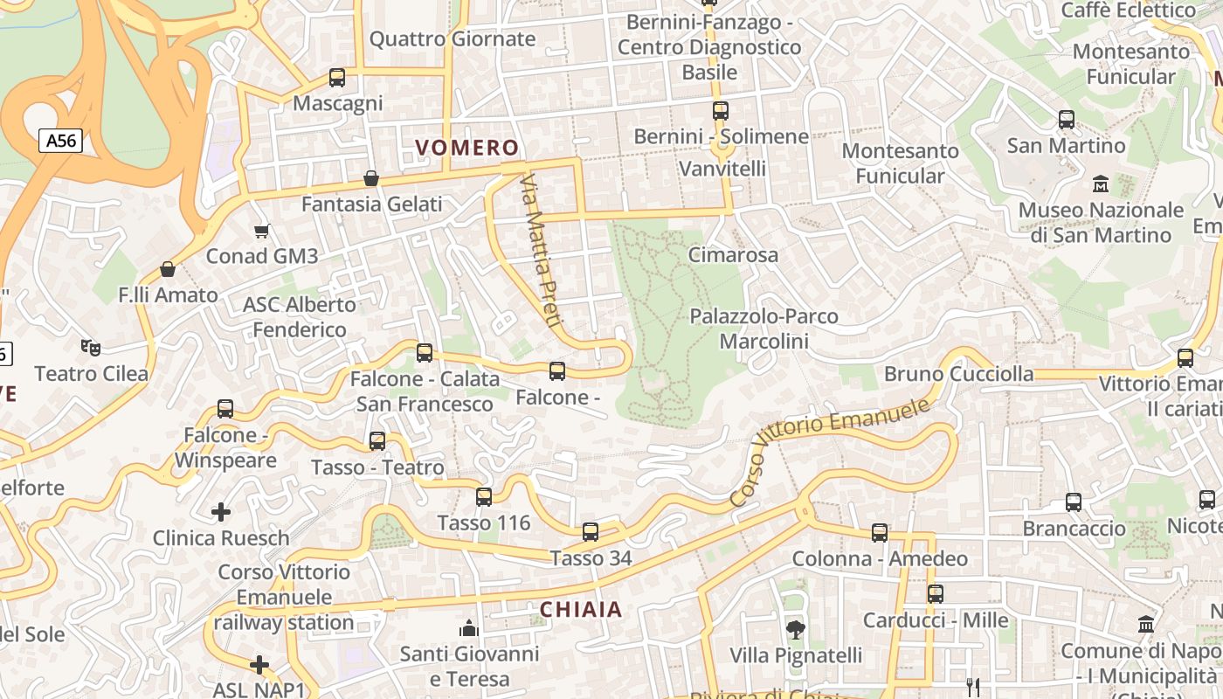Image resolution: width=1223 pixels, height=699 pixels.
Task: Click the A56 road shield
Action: click(60, 141)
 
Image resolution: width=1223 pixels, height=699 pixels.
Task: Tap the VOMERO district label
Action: click(466, 148)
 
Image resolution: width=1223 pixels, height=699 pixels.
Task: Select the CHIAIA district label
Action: click(581, 610)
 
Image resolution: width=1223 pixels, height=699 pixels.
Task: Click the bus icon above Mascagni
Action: click(337, 78)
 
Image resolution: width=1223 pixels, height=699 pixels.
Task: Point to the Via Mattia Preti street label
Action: click(539, 250)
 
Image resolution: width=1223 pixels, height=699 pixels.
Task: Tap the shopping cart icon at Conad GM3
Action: click(261, 231)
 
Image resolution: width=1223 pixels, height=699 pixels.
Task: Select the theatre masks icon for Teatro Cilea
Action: click(91, 348)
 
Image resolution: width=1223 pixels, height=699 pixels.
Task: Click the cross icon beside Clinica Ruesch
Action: click(221, 511)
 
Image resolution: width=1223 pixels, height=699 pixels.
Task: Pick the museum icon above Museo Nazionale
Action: click(1101, 184)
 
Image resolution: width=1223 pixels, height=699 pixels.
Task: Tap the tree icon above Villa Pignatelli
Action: click(795, 629)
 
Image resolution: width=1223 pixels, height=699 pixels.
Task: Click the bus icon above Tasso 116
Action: click(484, 497)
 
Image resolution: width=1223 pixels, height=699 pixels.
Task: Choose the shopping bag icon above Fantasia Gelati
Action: click(371, 178)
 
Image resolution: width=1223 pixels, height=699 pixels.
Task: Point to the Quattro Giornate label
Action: click(453, 39)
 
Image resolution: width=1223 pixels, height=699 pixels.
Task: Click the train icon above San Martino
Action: click(1066, 120)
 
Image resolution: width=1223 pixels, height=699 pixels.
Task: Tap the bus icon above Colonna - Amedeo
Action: click(880, 533)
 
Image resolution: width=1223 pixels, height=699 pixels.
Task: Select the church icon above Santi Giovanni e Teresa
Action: click(469, 628)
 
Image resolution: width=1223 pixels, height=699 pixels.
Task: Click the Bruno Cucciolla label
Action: click(958, 374)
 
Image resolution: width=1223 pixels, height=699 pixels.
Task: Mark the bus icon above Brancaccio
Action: click(1074, 502)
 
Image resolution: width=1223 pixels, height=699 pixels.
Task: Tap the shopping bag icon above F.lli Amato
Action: click(168, 269)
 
